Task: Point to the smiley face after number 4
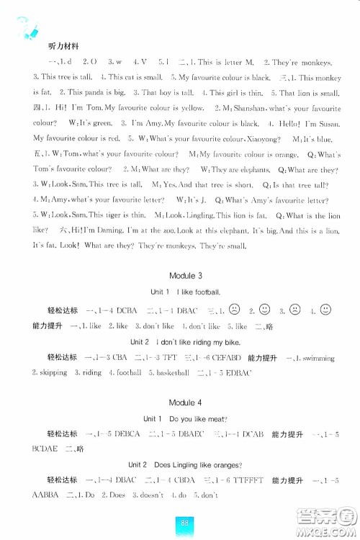[x=325, y=310]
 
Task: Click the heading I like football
[x=195, y=292]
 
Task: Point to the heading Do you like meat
[x=195, y=418]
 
